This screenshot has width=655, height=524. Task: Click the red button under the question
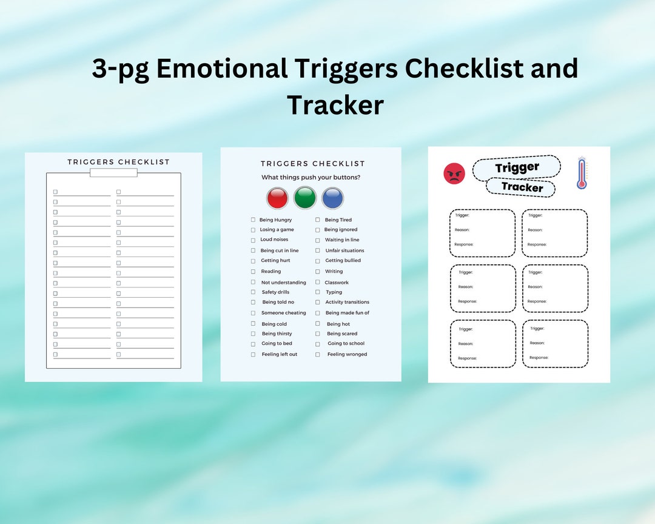pos(277,198)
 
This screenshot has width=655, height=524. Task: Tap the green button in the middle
pos(305,198)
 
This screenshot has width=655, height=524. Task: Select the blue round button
pos(332,198)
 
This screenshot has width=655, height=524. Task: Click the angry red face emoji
pos(454,173)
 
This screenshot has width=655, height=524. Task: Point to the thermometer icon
pos(582,173)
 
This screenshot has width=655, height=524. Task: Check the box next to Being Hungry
pos(253,220)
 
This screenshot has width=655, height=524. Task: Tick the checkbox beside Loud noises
pos(253,240)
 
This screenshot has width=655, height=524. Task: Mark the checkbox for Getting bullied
pos(317,261)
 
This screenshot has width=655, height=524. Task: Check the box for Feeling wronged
pos(317,354)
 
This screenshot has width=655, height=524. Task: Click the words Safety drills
pos(275,292)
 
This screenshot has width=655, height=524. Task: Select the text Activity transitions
pos(347,302)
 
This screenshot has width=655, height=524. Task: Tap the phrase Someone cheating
pos(283,313)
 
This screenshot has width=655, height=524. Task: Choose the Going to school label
pos(346,343)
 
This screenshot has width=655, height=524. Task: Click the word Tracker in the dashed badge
pos(522,187)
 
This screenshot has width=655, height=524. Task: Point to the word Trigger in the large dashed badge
pos(517,168)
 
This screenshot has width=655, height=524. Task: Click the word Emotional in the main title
pos(221,69)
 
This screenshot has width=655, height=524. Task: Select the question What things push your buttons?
pos(311,177)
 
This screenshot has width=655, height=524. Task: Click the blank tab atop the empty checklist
pos(113,173)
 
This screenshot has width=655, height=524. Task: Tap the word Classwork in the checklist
pos(337,283)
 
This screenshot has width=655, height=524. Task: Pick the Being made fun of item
pos(347,313)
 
